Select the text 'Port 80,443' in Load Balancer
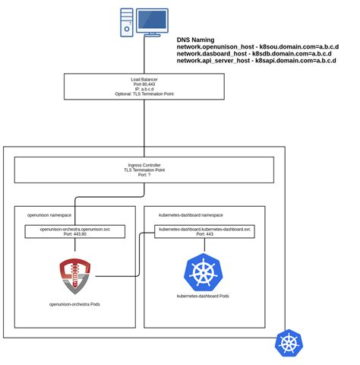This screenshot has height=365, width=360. pyautogui.click(x=144, y=85)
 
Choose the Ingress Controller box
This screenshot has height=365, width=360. pyautogui.click(x=144, y=170)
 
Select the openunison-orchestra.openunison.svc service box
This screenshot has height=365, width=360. pyautogui.click(x=74, y=231)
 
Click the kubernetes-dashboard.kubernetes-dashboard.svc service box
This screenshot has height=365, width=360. pyautogui.click(x=205, y=231)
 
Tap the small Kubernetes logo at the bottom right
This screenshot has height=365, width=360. pyautogui.click(x=289, y=342)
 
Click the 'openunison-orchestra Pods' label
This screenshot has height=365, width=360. pyautogui.click(x=74, y=304)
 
